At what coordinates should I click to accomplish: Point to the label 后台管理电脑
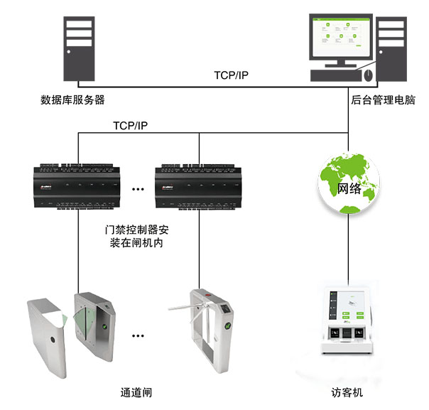pos(381,100)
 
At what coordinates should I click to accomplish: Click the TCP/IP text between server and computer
pos(231,75)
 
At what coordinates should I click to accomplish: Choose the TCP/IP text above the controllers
pos(130,124)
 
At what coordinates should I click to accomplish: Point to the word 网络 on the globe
pos(349,188)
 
